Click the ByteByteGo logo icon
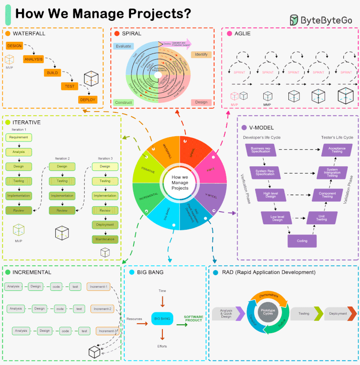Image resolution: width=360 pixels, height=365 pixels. tap(294, 20)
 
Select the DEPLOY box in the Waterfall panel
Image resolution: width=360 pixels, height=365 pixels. tap(87, 99)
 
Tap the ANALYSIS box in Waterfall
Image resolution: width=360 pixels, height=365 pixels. tap(33, 59)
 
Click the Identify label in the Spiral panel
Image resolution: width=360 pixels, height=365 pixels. tap(201, 54)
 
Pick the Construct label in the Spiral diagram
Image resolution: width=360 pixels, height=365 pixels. tap(123, 102)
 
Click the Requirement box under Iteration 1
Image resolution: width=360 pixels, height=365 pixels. tap(18, 137)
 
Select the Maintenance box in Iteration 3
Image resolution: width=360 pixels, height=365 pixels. tap(105, 239)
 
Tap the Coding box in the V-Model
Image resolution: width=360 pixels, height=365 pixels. tap(302, 241)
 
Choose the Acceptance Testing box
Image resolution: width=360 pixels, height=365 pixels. tap(337, 150)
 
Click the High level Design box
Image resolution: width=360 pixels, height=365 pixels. tap(270, 194)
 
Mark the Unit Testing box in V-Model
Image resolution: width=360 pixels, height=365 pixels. tap(322, 218)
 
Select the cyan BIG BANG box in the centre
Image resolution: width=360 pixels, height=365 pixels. tap(162, 319)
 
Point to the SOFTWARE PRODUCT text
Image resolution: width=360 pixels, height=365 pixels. tap(193, 318)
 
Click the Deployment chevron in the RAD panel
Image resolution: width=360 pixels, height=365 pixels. tap(339, 314)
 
